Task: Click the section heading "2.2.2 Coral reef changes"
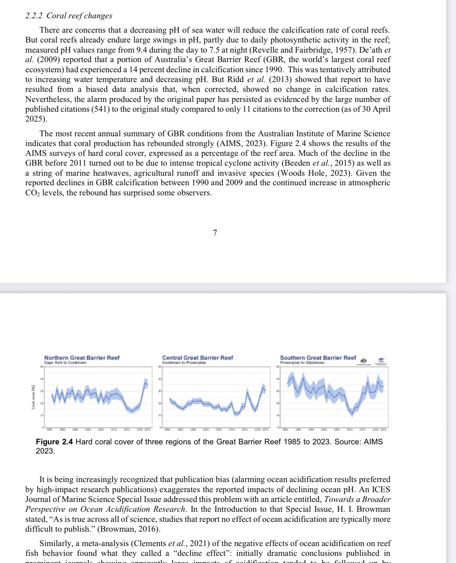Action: click(x=69, y=16)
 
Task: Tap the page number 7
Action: click(x=215, y=233)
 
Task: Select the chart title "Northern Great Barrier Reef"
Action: click(x=82, y=358)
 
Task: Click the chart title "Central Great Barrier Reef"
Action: click(x=198, y=358)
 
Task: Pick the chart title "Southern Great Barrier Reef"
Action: click(x=318, y=358)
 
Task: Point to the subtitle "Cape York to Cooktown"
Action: click(x=65, y=363)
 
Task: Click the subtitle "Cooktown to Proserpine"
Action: click(x=184, y=363)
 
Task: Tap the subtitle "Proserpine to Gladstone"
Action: click(x=302, y=363)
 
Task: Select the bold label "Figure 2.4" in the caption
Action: click(x=54, y=442)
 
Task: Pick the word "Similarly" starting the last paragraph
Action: click(x=56, y=544)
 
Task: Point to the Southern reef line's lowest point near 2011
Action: click(x=352, y=414)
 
